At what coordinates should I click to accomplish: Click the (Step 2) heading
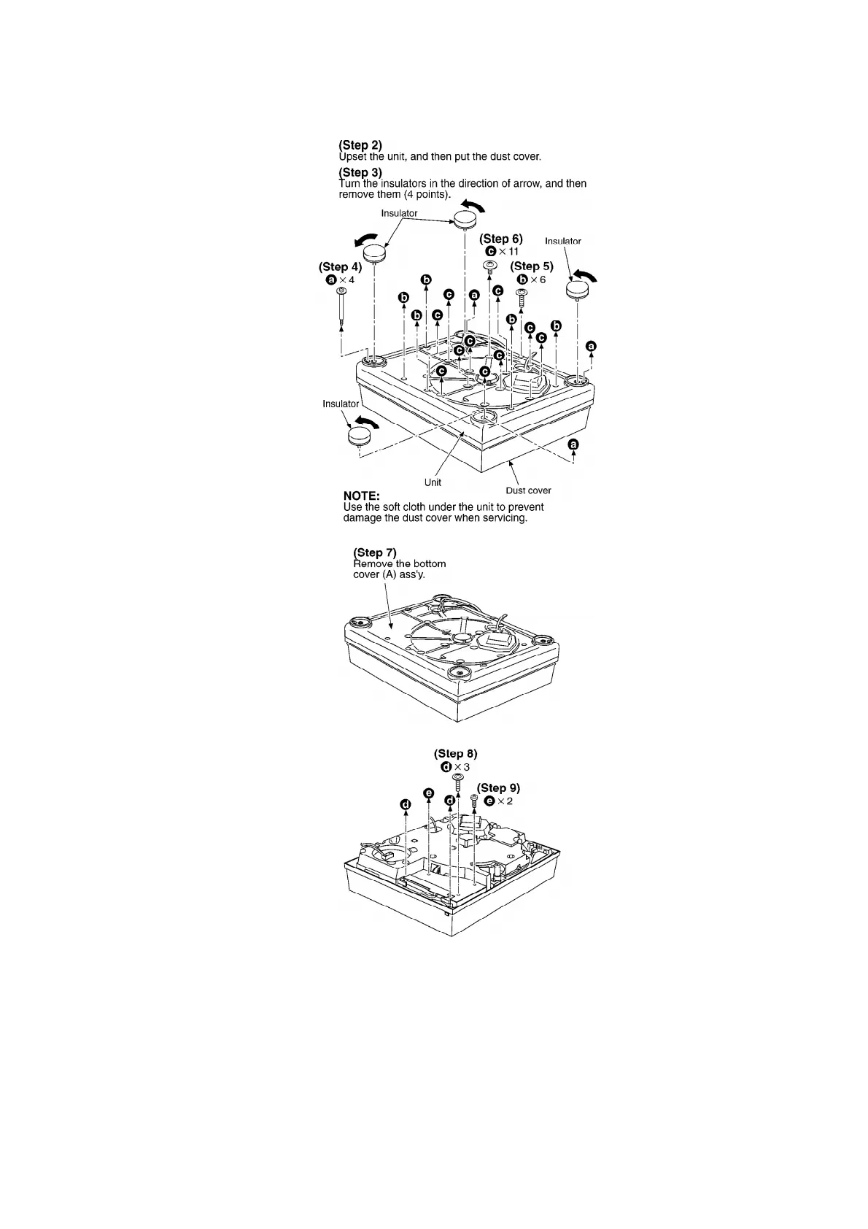point(360,145)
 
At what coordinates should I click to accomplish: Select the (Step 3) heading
point(360,172)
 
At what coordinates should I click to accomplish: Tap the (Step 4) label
point(340,267)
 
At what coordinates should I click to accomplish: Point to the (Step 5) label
point(532,266)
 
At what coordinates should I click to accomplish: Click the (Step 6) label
point(500,239)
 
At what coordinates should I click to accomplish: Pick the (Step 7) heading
point(374,552)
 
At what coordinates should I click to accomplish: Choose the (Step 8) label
point(455,753)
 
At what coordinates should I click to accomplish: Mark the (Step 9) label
point(498,787)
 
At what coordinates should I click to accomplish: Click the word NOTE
point(362,496)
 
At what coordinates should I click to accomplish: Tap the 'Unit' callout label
point(433,482)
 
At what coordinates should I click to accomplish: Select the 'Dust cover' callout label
point(528,490)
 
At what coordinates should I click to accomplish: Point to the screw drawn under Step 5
point(522,298)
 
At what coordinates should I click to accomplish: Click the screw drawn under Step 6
point(491,266)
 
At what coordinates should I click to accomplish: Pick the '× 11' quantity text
point(508,252)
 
